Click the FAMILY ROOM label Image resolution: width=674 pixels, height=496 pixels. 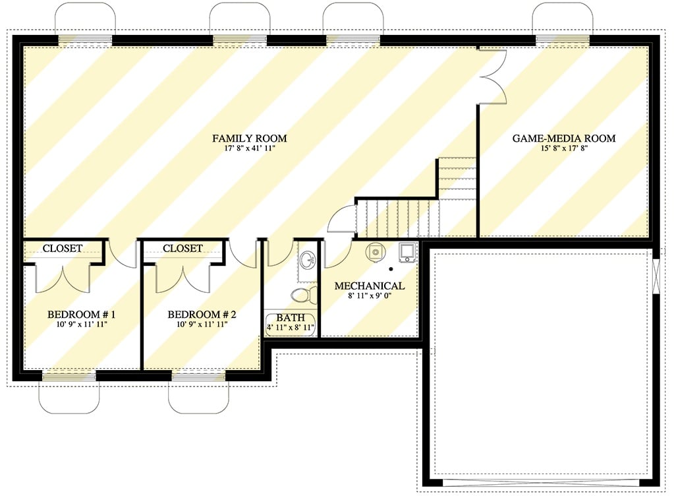[x=249, y=139]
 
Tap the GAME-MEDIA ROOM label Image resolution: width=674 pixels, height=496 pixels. [x=564, y=139]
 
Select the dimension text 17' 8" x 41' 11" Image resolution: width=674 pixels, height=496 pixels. [x=249, y=149]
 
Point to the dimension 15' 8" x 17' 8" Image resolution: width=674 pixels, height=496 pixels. [x=564, y=149]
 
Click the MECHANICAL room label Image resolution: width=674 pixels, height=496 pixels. [x=369, y=286]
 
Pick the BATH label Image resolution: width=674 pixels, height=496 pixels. [x=290, y=317]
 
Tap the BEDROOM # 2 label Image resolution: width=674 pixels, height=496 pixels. [x=202, y=314]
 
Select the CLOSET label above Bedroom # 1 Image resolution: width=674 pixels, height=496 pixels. [x=63, y=249]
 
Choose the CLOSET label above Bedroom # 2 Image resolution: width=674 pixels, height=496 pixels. [x=183, y=249]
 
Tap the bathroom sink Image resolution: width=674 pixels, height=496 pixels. [x=307, y=260]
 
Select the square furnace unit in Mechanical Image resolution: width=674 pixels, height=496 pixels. [x=407, y=252]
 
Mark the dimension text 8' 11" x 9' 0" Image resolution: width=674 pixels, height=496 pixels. [x=369, y=297]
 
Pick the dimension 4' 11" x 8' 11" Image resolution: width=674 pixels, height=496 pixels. [x=291, y=327]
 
